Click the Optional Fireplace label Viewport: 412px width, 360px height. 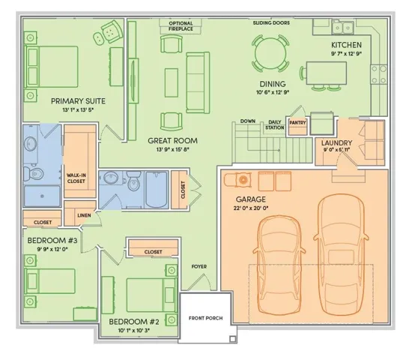coord(181,26)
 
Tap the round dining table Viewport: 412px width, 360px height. coord(270,53)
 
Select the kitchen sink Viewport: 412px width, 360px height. coord(342,27)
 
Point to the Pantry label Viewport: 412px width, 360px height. coord(297,123)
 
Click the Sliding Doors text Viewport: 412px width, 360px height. coord(271,23)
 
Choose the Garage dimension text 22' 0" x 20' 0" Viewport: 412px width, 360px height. coord(251,208)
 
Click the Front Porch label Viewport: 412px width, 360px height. coord(205,318)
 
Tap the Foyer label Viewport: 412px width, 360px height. coord(199,266)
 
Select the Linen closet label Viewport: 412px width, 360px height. coord(84,215)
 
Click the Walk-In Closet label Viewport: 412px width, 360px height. coord(76,178)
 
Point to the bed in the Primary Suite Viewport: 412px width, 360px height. coord(51,67)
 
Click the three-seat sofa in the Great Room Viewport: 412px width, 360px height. coord(198,82)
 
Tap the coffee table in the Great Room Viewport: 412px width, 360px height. coord(172,82)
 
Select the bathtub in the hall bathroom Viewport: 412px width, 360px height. coord(157,190)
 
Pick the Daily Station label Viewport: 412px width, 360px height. coord(275,124)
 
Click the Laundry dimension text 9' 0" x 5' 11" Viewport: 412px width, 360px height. coord(336,150)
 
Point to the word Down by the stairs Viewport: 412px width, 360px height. coord(248,121)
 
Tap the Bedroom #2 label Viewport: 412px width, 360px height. coord(134,322)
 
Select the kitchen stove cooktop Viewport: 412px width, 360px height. coord(378,74)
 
